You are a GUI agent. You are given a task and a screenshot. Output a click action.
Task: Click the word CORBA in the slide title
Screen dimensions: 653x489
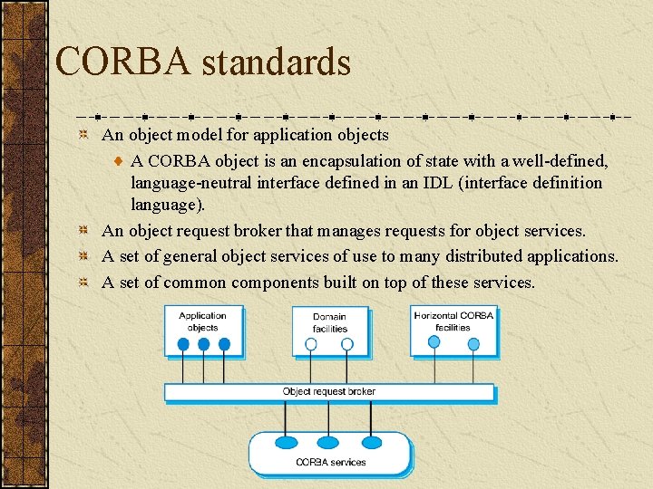[x=122, y=62]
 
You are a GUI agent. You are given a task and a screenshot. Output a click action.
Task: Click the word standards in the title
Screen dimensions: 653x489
[x=276, y=62]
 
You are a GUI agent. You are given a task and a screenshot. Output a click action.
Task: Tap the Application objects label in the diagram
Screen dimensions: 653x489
[x=202, y=321]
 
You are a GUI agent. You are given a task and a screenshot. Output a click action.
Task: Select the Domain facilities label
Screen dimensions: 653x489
[x=329, y=322]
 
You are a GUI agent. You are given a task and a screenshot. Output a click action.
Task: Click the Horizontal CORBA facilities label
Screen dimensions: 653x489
[x=453, y=321]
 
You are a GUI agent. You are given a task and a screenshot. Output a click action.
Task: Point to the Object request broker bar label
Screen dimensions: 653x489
[x=328, y=392]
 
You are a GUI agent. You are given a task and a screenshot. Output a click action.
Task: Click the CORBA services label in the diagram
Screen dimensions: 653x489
[x=330, y=462]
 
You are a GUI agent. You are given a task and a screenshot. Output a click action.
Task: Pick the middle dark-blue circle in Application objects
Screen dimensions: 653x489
[x=203, y=344]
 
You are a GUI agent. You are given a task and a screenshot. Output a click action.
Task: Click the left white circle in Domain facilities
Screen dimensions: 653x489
[x=311, y=344]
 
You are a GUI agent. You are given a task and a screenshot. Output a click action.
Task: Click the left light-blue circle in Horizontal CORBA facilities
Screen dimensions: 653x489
[x=434, y=341]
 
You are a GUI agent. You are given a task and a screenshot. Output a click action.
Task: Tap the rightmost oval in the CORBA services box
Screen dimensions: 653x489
[x=372, y=443]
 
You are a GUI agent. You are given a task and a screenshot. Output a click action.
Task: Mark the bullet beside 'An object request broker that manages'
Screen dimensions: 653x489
[x=83, y=232]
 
